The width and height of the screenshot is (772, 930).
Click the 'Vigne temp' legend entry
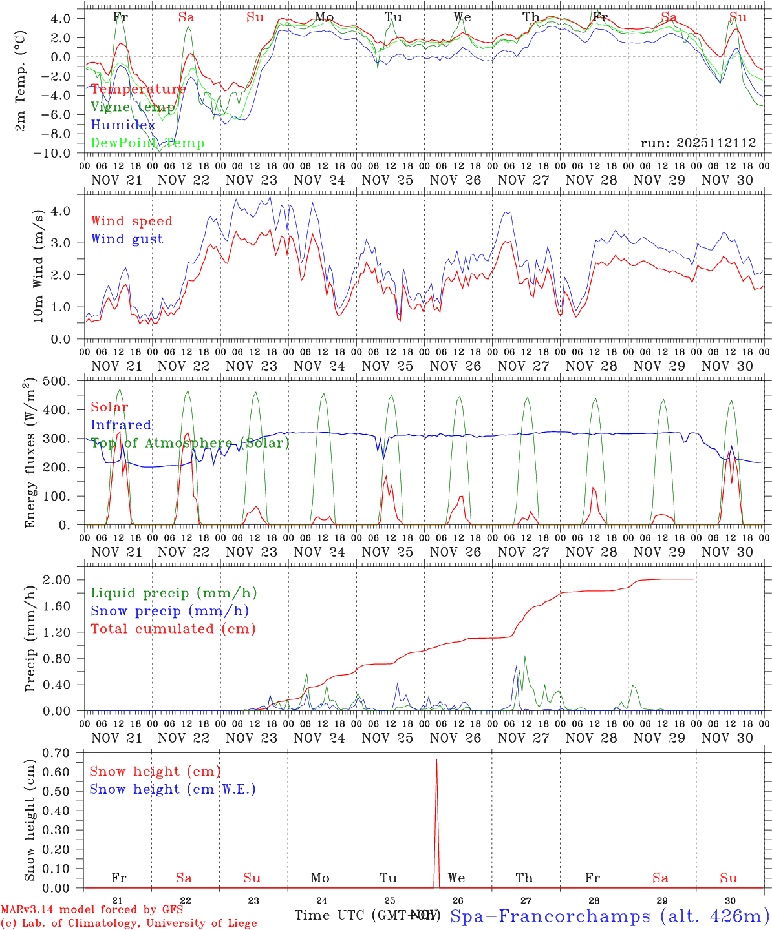coord(133,107)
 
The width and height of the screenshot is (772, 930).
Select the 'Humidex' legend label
coord(123,125)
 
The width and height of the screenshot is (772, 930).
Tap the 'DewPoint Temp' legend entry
coord(147,143)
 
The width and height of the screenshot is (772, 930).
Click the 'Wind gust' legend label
coord(127,239)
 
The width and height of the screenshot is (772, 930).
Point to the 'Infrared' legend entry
coord(121,425)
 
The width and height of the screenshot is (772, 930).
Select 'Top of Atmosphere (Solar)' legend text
coord(190,443)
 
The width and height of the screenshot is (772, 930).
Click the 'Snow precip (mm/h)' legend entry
coord(169,611)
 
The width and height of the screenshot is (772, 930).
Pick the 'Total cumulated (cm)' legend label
coord(173,629)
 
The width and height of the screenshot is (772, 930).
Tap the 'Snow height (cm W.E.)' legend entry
coord(173,789)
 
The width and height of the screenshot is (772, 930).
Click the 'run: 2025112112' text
coord(698,143)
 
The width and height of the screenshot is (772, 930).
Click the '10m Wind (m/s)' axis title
coord(38,264)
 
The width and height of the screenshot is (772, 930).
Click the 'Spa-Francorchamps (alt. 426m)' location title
coord(609,916)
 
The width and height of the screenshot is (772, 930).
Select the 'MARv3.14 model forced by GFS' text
coord(92,910)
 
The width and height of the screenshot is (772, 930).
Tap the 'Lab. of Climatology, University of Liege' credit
coord(129,924)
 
